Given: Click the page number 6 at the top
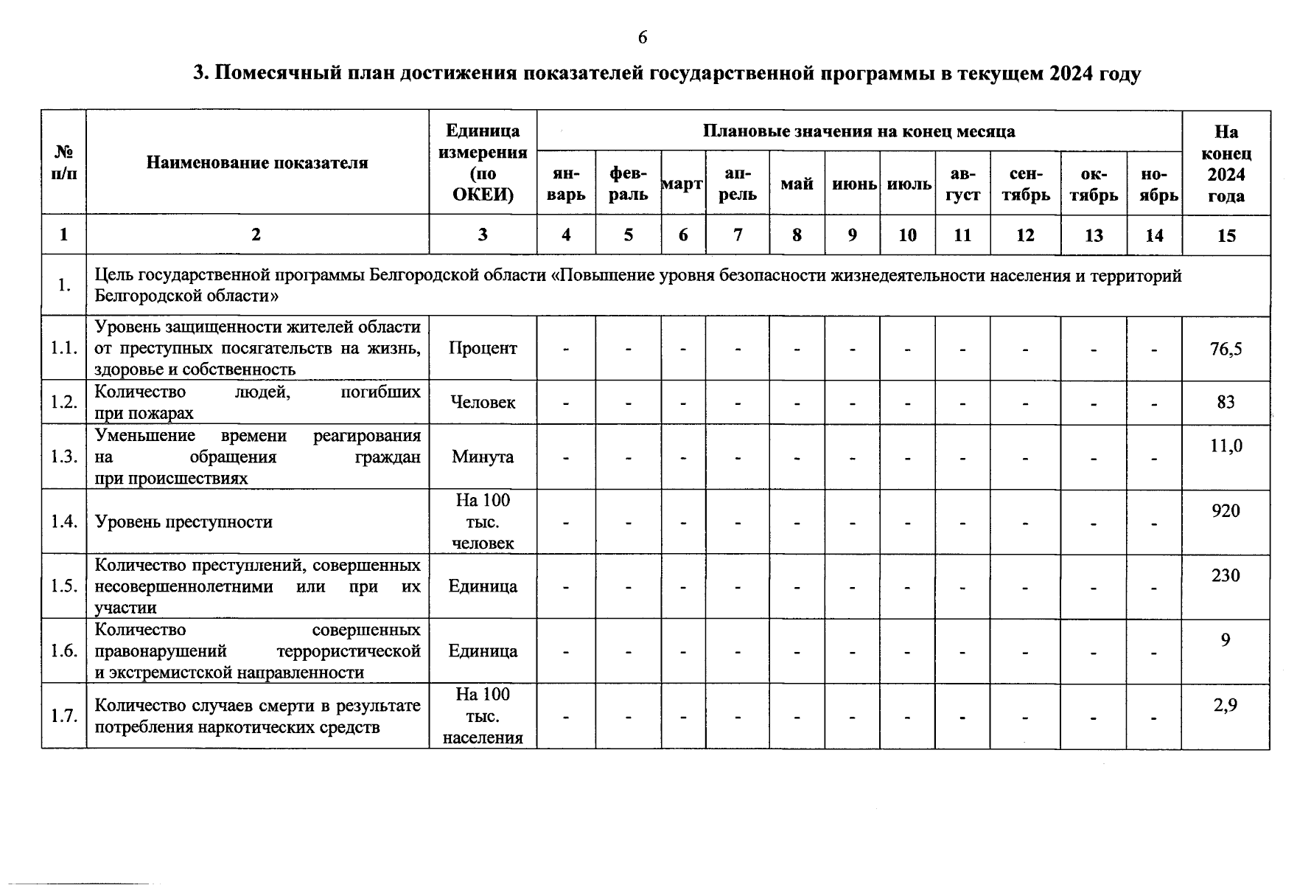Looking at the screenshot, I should (x=643, y=38).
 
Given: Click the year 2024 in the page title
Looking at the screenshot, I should (x=1071, y=74).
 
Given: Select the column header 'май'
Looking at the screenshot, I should (x=797, y=184).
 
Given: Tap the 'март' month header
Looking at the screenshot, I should (x=682, y=184).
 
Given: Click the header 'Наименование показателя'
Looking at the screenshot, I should (x=257, y=163).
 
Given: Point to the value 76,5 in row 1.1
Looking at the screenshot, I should (x=1226, y=349).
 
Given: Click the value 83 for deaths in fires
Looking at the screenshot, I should (x=1226, y=403).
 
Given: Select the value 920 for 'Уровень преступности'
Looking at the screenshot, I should (x=1226, y=511).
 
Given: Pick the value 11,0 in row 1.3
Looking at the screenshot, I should (x=1226, y=445).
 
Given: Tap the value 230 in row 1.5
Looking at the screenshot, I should (x=1226, y=575).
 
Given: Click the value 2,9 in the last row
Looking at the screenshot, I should (x=1226, y=705).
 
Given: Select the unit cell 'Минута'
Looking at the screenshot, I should (x=483, y=457).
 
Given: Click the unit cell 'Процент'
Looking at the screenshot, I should (x=483, y=348).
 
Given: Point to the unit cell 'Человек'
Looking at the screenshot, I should (x=483, y=403).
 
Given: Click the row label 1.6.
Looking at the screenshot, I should (x=64, y=651).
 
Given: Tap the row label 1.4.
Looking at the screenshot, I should (x=64, y=522).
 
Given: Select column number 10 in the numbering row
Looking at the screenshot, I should (x=907, y=235).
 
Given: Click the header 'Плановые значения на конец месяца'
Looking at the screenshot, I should (x=859, y=132).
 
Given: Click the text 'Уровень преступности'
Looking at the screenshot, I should (x=183, y=522).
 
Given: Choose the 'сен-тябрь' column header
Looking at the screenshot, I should (x=1025, y=184).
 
